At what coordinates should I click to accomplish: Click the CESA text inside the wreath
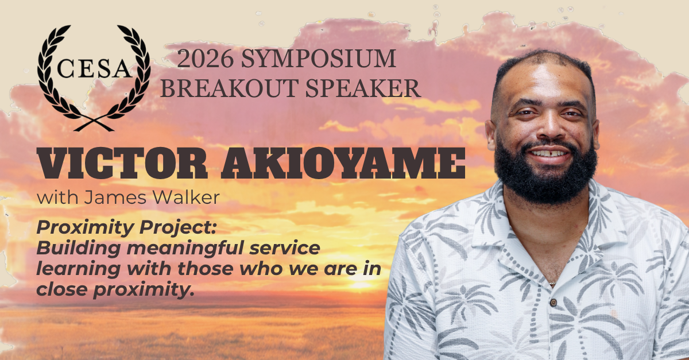coord(94,69)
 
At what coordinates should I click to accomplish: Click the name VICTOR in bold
coord(122,164)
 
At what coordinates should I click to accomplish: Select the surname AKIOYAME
coord(343,164)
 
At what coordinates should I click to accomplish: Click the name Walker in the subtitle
coord(187,198)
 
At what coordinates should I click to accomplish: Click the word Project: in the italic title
coord(179,229)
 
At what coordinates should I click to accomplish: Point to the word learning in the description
coord(79,269)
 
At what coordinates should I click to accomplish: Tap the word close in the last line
coord(63,289)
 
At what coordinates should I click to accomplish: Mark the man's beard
coord(546,175)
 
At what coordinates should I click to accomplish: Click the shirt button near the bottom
coord(553,303)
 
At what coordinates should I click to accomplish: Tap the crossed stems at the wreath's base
coord(94,124)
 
